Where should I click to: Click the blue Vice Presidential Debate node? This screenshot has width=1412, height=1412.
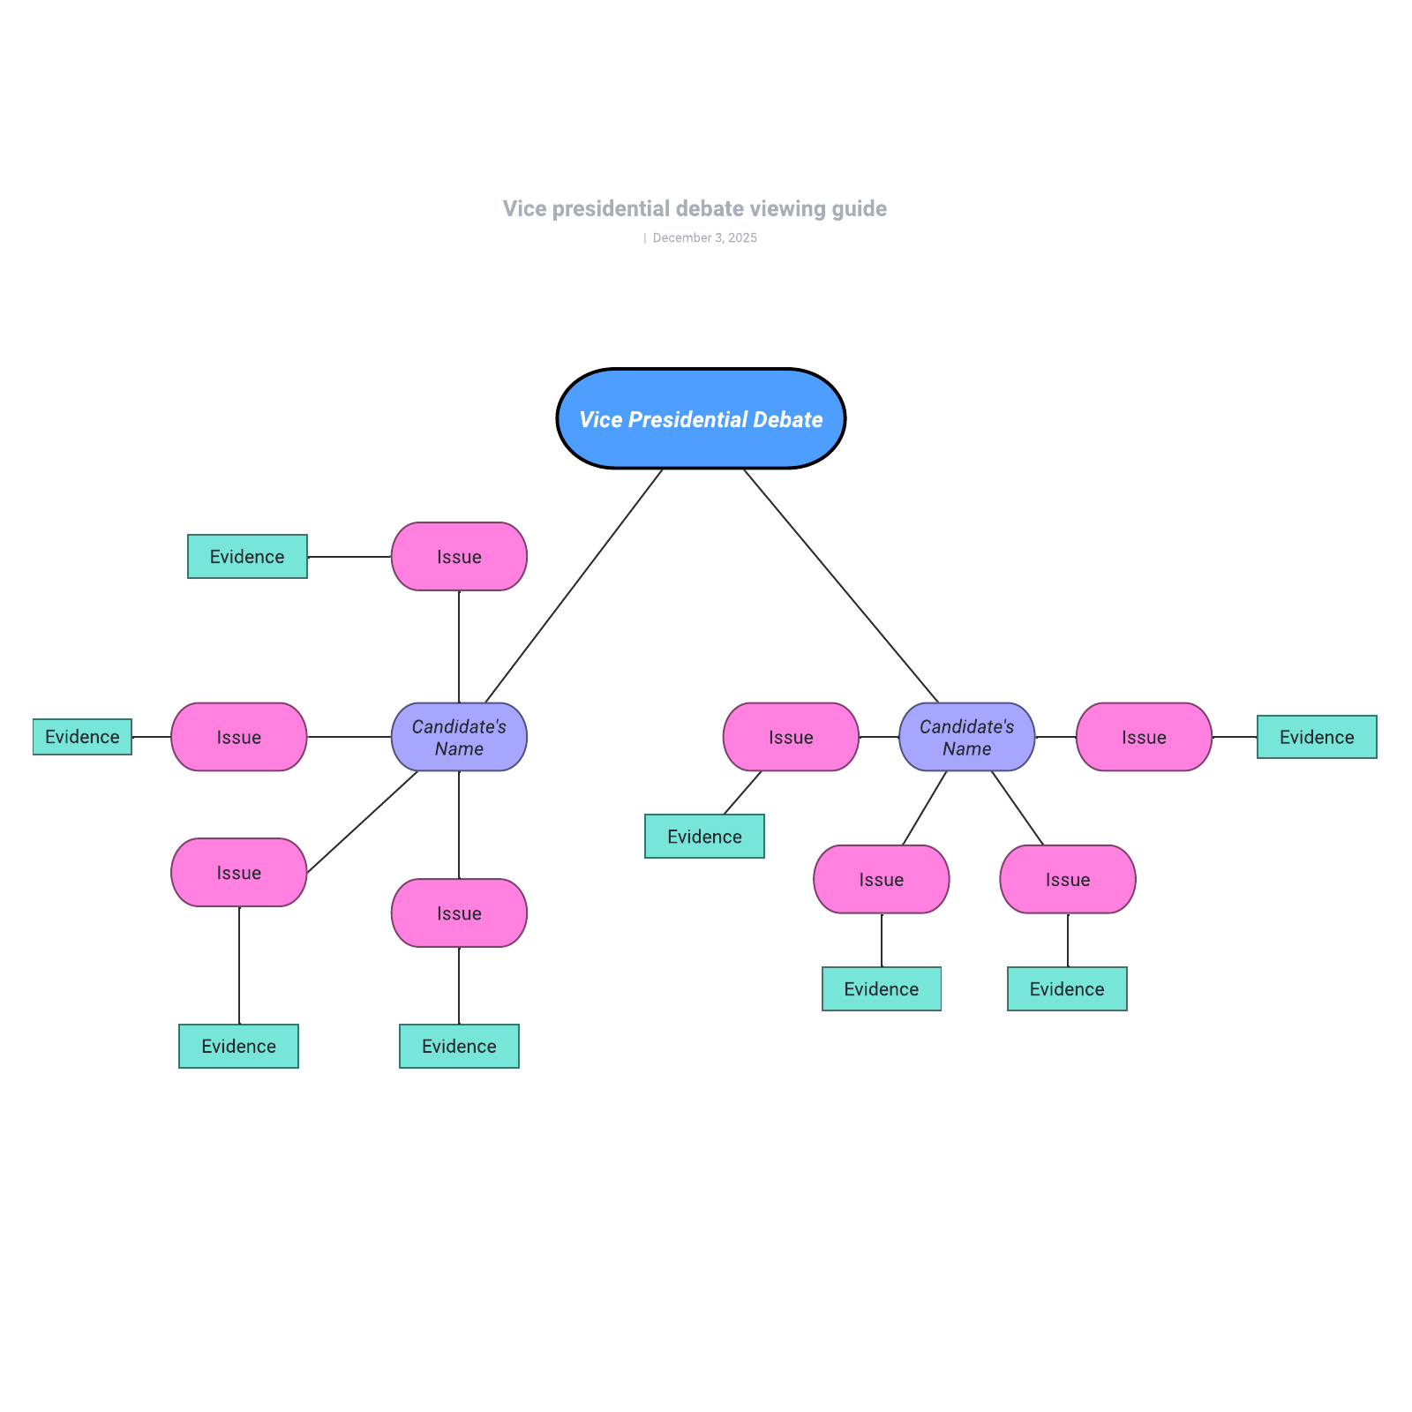point(701,419)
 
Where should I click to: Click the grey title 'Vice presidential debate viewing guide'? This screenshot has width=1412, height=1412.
point(695,209)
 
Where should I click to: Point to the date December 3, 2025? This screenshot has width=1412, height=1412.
point(704,238)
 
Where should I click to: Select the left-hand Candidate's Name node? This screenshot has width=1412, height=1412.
point(459,737)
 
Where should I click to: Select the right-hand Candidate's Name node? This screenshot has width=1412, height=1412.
point(966,737)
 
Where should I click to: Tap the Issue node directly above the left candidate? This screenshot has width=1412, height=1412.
point(459,557)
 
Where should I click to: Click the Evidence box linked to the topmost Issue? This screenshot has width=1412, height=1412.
point(247,557)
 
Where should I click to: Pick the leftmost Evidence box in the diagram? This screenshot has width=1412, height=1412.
point(82,737)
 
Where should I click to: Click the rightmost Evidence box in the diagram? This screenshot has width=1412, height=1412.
point(1316,737)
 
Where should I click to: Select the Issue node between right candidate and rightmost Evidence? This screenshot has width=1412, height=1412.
point(1144,737)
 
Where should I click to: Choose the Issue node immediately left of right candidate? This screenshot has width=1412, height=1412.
point(791,737)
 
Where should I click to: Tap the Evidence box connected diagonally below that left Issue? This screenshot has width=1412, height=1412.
point(704,837)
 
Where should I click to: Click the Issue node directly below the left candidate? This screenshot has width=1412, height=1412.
point(459,913)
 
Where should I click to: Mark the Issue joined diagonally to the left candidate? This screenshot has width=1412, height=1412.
point(238,873)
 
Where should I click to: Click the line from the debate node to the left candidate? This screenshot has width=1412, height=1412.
point(574,586)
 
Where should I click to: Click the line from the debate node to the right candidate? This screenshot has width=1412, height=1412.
point(840,585)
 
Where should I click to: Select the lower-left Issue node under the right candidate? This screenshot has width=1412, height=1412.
point(881,880)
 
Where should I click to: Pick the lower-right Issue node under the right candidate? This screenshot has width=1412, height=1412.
point(1068,880)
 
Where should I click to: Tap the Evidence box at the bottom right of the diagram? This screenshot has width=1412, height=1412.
point(1067,989)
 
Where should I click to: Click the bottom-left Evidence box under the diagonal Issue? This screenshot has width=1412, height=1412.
point(238,1047)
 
